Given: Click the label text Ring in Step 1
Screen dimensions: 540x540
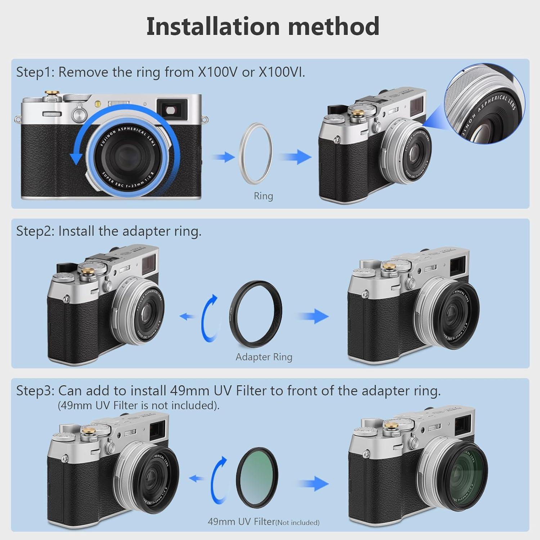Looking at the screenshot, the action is point(263,196).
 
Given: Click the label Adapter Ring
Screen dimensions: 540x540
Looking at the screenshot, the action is point(264,357).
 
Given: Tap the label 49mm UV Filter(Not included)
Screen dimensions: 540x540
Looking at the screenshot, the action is point(263,522).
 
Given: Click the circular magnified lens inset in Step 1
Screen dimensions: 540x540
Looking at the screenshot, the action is point(485,104).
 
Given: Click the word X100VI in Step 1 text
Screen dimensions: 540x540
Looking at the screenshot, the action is point(282,72).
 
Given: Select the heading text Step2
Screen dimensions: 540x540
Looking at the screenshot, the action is point(35,231).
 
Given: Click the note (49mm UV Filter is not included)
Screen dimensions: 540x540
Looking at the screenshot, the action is point(139,405).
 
